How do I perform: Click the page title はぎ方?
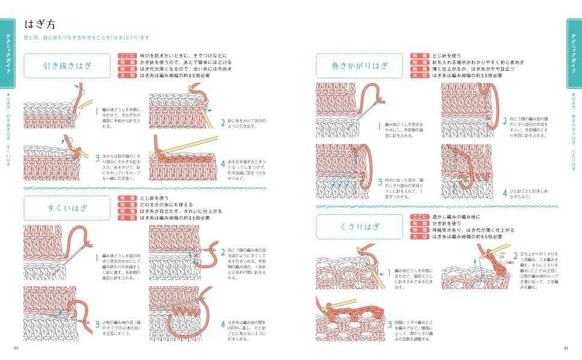coord(40,25)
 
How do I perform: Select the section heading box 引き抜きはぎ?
coord(67,66)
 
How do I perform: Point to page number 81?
coord(565,349)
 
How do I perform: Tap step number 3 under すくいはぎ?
coord(97,325)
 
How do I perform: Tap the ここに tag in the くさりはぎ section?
coord(419,217)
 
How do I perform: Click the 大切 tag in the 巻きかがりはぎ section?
coord(419,76)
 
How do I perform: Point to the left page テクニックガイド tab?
coord(8,53)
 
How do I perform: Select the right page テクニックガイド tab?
coord(574,53)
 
